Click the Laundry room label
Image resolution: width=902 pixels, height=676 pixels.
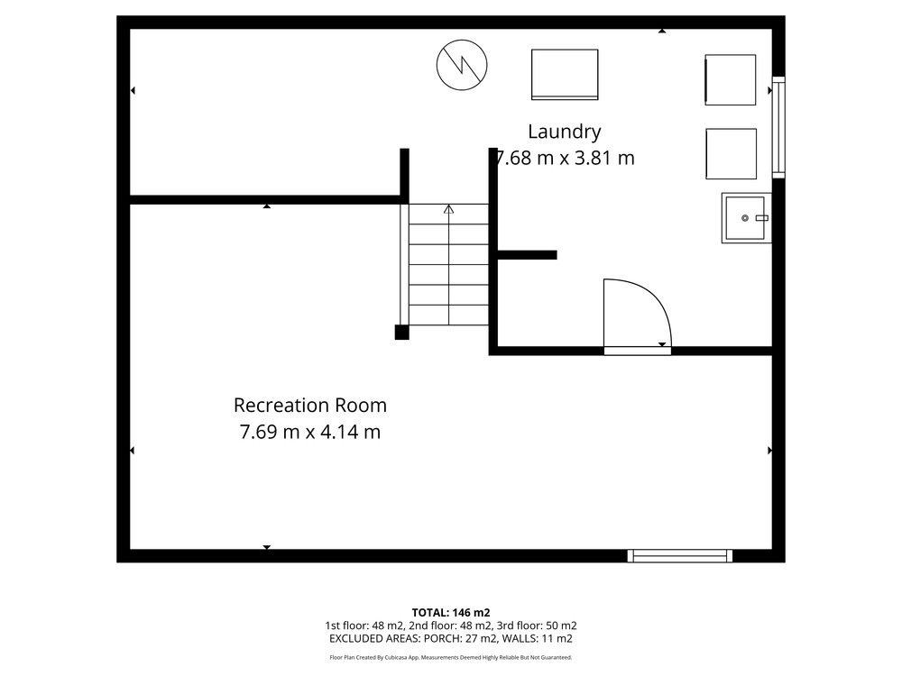[x=565, y=132]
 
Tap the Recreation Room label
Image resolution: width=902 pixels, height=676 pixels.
[x=310, y=406]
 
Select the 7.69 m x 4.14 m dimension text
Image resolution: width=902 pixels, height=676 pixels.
[x=310, y=432]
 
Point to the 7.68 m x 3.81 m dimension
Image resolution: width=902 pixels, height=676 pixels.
[x=566, y=158]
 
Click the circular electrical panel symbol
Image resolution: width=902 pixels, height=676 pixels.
[x=462, y=65]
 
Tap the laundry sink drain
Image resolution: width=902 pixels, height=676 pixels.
[x=745, y=218]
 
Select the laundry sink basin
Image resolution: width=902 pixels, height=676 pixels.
[x=746, y=218]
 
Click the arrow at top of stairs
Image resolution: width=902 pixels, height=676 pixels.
[x=448, y=209]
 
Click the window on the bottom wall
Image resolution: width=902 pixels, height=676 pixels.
[x=679, y=556]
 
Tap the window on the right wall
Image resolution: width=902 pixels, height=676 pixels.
[x=778, y=127]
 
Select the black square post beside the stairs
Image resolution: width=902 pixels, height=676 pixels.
[x=401, y=333]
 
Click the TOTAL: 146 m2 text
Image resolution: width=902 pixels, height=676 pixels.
[x=451, y=613]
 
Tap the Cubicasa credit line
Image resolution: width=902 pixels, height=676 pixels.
[x=451, y=657]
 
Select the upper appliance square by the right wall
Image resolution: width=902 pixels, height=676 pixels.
[x=731, y=80]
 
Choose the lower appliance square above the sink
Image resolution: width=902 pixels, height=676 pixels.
[x=732, y=154]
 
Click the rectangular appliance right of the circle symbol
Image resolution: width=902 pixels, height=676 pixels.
[x=565, y=75]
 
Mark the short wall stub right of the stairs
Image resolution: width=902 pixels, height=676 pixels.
[x=527, y=255]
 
